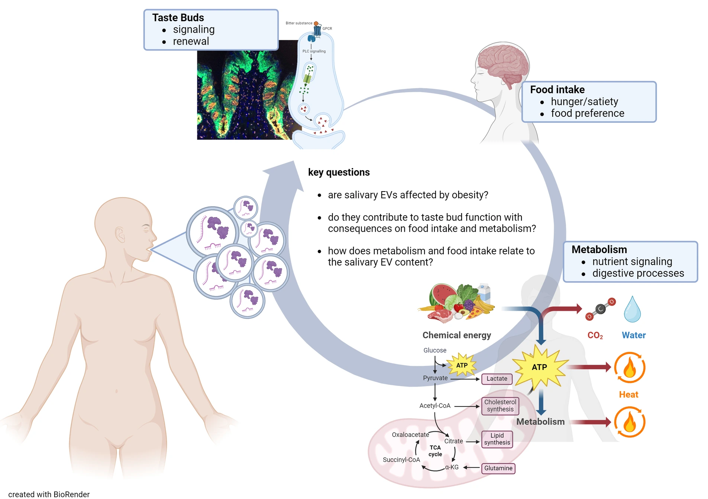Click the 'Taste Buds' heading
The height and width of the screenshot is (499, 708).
[178, 17]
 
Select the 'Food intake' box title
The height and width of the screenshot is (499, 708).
[557, 90]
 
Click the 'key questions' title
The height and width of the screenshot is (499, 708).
[339, 172]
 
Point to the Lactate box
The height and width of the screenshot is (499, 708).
[497, 379]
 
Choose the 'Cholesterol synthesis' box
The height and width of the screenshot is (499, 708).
[500, 406]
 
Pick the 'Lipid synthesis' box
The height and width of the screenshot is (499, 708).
[497, 439]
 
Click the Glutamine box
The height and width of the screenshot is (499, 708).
[498, 468]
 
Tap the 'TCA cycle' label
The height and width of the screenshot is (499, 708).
[435, 451]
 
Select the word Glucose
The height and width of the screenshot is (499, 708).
[435, 350]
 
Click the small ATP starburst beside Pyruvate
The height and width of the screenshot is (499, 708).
[462, 366]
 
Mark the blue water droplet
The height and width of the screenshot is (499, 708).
[632, 309]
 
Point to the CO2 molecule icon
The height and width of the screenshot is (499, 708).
[600, 309]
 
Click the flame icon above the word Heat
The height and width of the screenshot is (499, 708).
[630, 368]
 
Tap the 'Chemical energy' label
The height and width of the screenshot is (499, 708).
[456, 335]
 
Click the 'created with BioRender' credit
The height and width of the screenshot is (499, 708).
[49, 494]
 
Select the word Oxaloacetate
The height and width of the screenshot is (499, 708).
[410, 435]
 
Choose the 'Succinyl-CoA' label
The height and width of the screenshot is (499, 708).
[401, 460]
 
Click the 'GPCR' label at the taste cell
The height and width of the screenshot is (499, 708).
[327, 29]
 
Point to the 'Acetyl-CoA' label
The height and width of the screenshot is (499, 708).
[435, 406]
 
